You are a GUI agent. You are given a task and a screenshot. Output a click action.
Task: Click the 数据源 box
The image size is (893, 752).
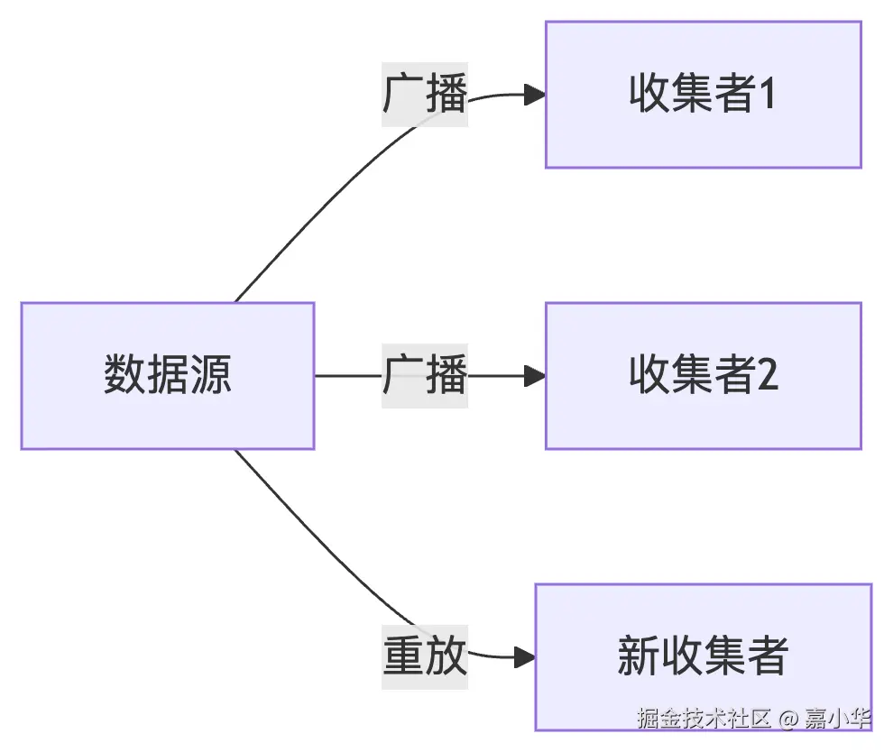167,375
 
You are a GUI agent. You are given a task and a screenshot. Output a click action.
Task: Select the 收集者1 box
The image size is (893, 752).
703,95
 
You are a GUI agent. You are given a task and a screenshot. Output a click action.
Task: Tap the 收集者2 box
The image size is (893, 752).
703,375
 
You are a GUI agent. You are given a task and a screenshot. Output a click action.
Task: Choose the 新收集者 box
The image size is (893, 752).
703,656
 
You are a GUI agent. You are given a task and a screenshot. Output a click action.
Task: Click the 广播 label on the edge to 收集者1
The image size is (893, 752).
424,95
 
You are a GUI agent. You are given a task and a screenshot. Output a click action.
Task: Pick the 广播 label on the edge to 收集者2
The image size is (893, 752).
424,375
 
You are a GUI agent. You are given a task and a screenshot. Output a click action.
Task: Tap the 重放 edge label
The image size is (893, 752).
424,656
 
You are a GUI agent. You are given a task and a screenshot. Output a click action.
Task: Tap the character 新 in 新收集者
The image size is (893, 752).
638,656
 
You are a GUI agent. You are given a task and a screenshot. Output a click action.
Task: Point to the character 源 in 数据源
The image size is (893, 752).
211,375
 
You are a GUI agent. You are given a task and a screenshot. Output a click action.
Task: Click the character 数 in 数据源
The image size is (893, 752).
124,375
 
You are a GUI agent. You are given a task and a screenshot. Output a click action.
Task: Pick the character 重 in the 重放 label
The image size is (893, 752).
402,656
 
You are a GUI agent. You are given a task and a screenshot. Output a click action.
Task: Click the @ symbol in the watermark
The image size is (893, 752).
788,719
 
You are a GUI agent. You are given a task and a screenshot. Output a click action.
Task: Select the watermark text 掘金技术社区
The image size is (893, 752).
704,719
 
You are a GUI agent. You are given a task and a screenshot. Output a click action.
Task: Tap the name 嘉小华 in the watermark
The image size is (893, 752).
838,719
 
